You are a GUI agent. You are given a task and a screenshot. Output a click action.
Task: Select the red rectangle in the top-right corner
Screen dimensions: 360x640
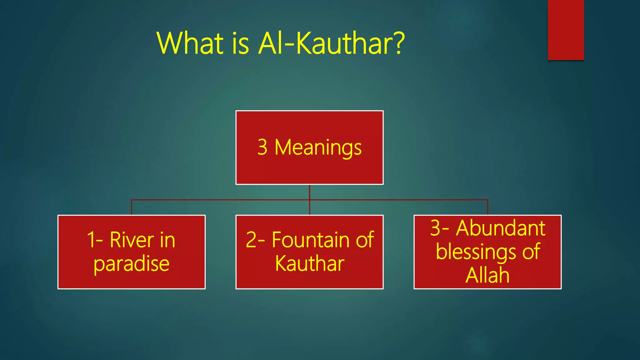pyautogui.click(x=566, y=30)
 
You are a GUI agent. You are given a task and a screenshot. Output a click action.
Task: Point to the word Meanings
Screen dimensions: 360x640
pyautogui.click(x=318, y=147)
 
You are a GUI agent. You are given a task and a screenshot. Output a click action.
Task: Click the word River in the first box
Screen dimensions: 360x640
pyautogui.click(x=132, y=240)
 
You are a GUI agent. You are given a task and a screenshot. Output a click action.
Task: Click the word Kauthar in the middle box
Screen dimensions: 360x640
pyautogui.click(x=310, y=263)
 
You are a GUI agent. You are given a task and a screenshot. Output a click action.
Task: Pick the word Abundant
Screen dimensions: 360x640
pyautogui.click(x=501, y=228)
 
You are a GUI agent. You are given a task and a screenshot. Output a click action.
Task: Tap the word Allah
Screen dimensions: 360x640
pyautogui.click(x=487, y=275)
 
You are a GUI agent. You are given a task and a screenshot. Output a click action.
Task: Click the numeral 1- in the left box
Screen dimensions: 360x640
pyautogui.click(x=95, y=240)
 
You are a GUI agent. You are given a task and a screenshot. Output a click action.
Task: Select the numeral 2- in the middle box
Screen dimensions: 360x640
pyautogui.click(x=255, y=240)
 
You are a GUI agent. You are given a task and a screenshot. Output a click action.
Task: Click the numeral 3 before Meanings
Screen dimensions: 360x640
pyautogui.click(x=262, y=147)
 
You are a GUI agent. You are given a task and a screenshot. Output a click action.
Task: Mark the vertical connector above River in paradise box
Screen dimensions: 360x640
pyautogui.click(x=132, y=207)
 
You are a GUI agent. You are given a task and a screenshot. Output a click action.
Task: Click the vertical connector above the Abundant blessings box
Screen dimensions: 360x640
pyautogui.click(x=487, y=207)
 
